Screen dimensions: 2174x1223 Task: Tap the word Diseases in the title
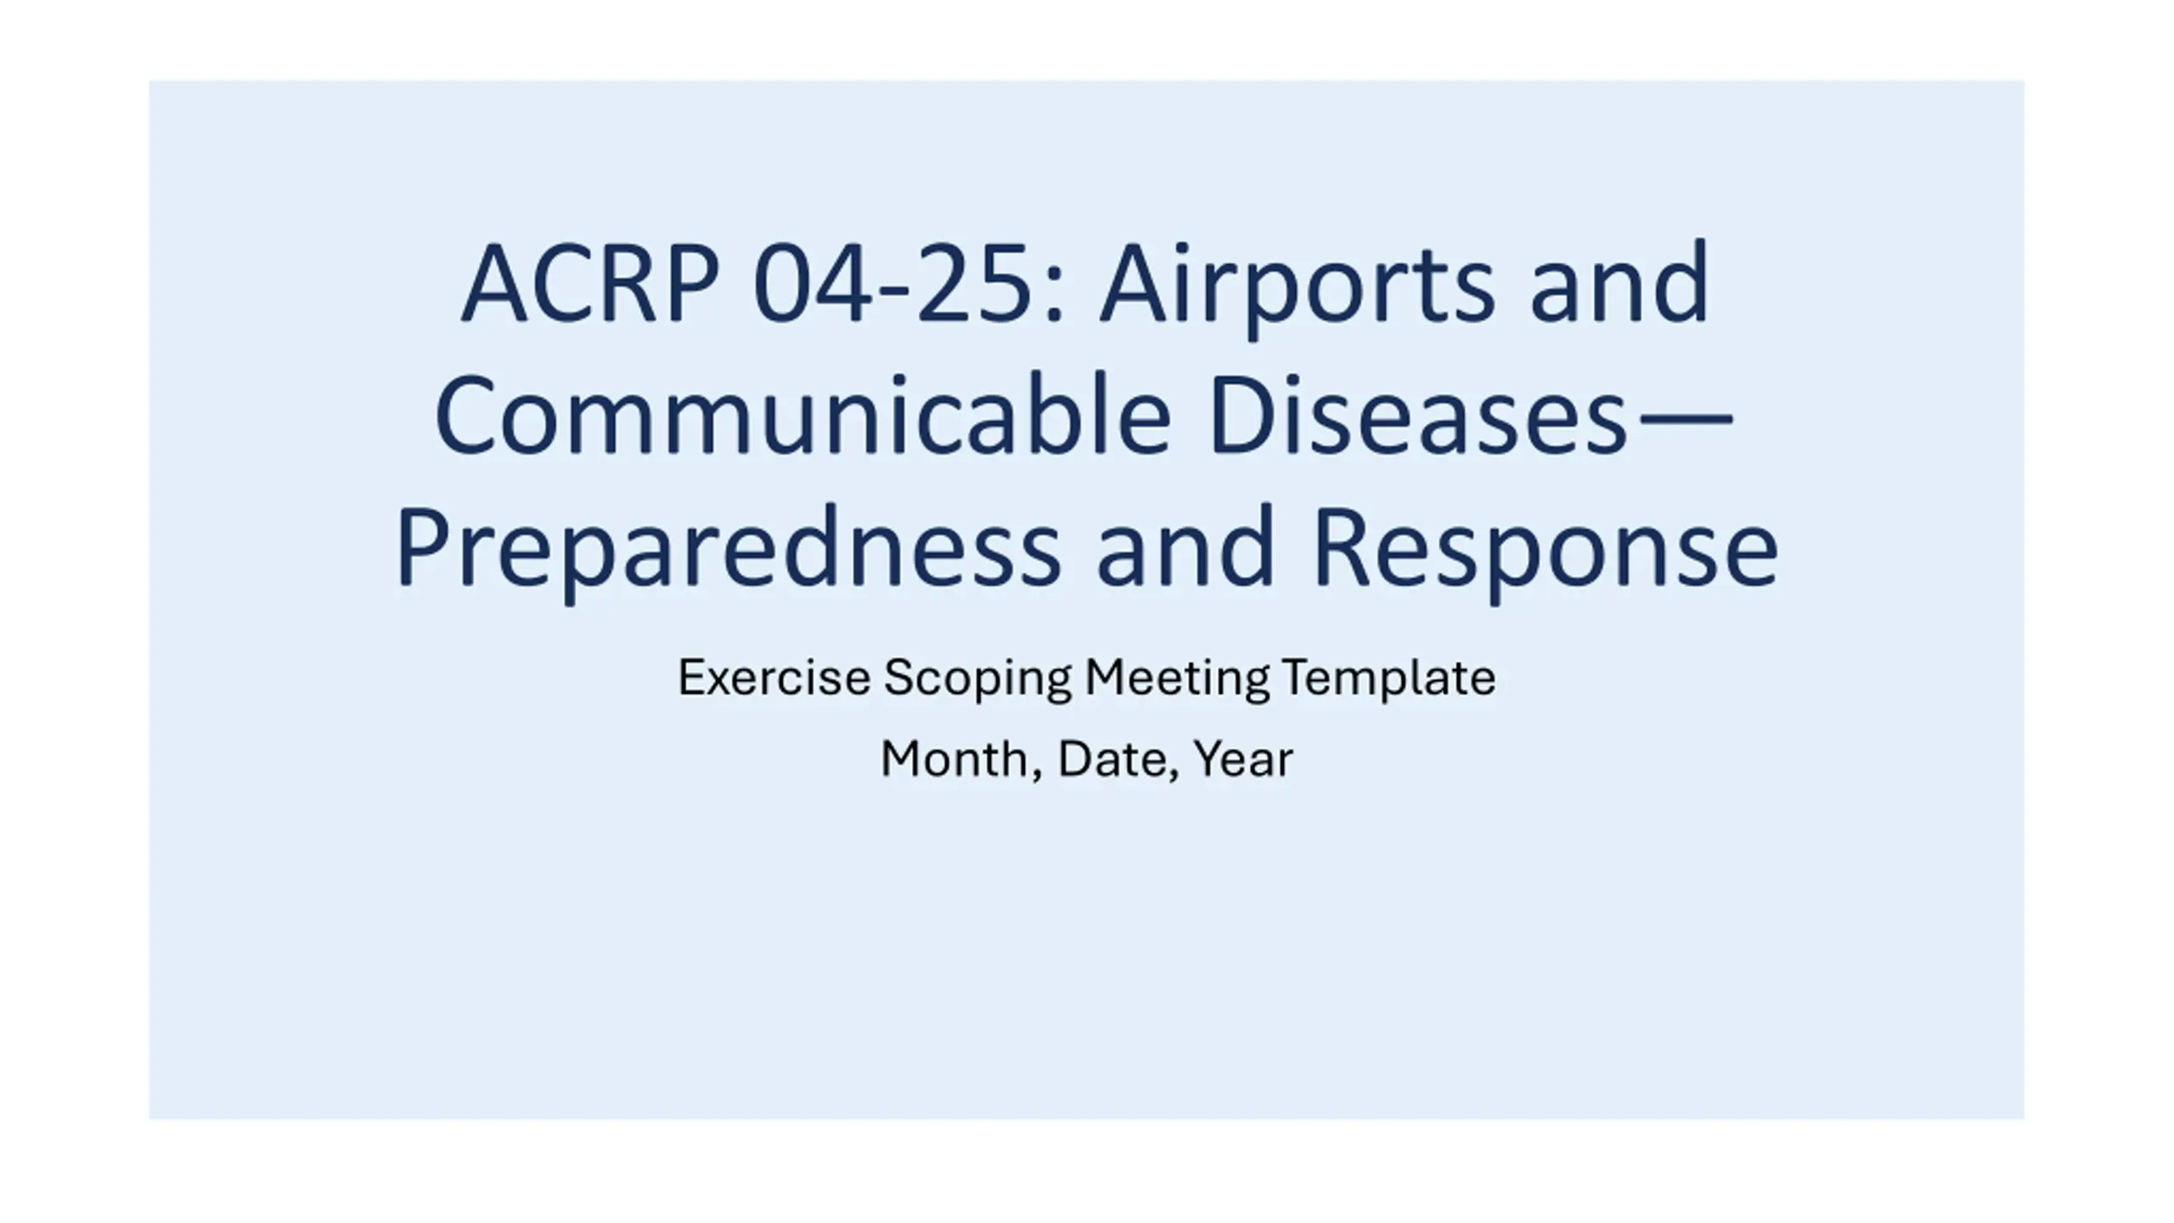(1418, 415)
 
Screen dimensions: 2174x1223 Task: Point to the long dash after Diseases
(1682, 418)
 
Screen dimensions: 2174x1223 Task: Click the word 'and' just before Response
(1186, 545)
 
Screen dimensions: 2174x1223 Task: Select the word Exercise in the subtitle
(774, 678)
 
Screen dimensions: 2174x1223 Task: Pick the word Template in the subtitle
(1388, 679)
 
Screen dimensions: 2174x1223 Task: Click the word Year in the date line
(1242, 759)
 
